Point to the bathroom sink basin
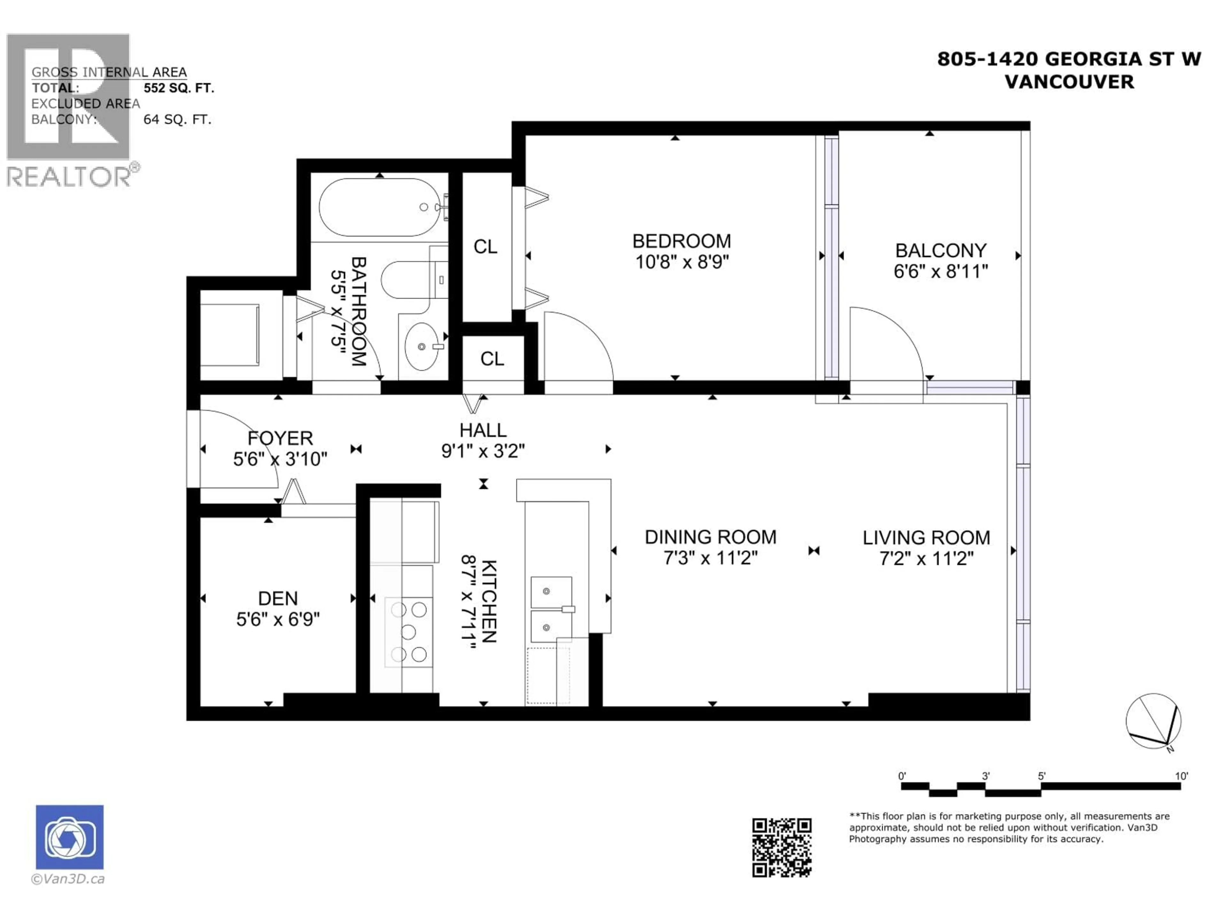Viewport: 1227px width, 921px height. coord(421,346)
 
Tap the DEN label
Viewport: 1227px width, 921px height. coord(278,598)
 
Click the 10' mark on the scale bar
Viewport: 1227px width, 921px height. coord(1181,776)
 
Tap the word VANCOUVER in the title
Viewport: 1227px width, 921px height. coord(1069,82)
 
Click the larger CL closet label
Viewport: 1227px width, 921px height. coord(485,247)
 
